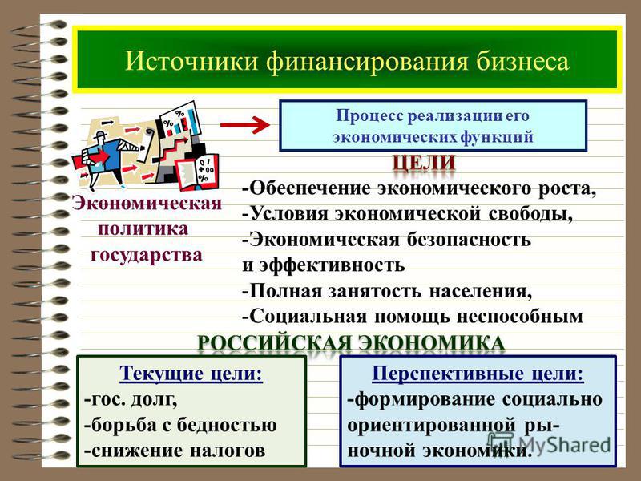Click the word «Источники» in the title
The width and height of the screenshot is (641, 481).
[x=191, y=62]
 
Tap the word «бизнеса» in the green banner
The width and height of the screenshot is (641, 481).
[x=522, y=62]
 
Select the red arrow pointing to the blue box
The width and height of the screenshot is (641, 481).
[x=245, y=125]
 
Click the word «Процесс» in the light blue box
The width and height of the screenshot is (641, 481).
[x=369, y=115]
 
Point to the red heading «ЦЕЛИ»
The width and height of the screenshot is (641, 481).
[x=424, y=163]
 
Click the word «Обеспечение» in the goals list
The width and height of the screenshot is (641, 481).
[x=310, y=188]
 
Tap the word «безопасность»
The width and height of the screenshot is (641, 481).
[x=469, y=239]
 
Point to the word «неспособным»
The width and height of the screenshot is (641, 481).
[x=519, y=317]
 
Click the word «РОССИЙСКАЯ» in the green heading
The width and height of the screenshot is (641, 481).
[x=274, y=343]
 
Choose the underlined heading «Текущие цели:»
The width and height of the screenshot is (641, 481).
[x=191, y=373]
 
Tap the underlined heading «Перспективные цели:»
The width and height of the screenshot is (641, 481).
[x=478, y=373]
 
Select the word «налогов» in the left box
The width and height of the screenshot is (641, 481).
[x=228, y=451]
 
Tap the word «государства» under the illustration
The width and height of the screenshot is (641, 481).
[x=147, y=255]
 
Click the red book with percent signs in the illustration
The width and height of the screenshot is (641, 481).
[x=197, y=172]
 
